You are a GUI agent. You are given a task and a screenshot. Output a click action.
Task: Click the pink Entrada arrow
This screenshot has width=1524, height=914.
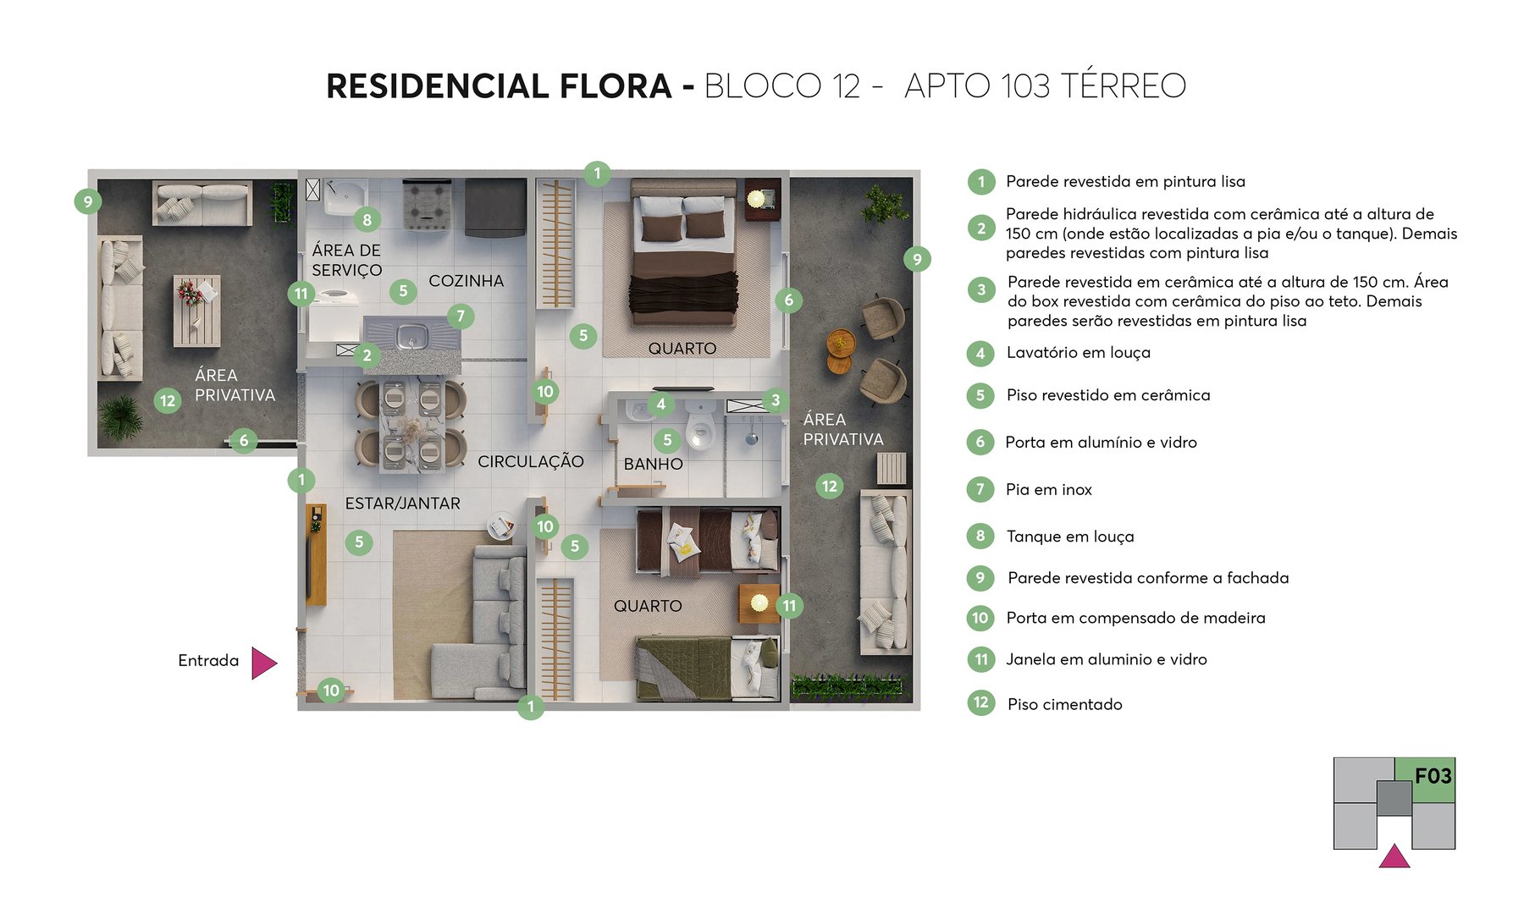click(263, 663)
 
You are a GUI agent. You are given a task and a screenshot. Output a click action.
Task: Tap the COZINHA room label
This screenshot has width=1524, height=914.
click(466, 281)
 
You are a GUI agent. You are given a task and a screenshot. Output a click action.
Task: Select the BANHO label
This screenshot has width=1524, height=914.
click(653, 464)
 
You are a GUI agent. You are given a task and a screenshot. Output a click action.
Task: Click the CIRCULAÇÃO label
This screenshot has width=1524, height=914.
click(531, 461)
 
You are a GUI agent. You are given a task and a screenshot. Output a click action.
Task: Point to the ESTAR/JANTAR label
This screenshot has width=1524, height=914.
click(402, 504)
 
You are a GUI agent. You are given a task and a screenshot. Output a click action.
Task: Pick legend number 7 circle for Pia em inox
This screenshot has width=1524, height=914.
click(980, 489)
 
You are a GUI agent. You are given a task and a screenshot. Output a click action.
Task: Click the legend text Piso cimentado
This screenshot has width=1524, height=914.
click(1064, 704)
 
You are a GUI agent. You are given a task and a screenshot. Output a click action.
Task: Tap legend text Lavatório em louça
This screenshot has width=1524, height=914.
click(1078, 353)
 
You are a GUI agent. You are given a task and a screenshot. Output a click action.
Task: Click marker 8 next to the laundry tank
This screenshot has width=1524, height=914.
click(367, 220)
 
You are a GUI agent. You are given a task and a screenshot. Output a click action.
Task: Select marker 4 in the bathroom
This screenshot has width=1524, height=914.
click(660, 404)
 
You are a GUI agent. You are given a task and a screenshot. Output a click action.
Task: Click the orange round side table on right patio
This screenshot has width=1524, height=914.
click(841, 342)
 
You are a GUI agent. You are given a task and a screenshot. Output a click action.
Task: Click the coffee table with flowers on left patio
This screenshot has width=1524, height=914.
click(196, 310)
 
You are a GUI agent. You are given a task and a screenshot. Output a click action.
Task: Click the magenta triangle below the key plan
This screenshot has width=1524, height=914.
click(1394, 857)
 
